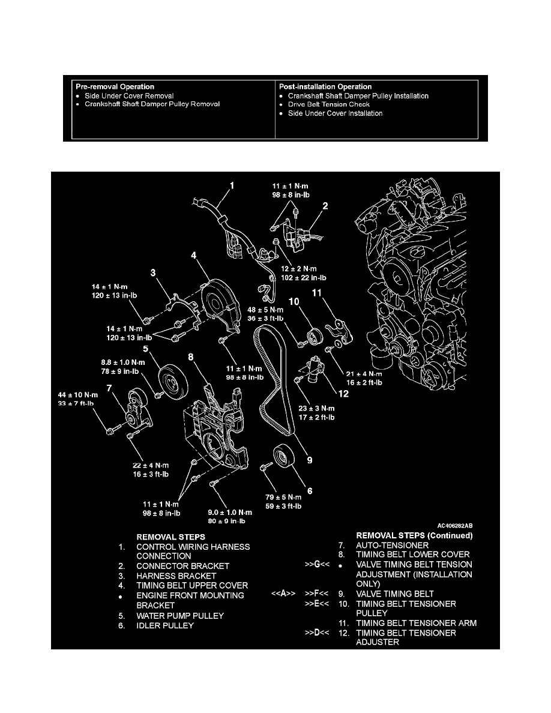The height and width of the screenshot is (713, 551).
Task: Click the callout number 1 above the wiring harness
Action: (232, 186)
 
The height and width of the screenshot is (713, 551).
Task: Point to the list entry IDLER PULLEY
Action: (165, 626)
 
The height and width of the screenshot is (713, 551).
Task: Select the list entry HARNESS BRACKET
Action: (176, 576)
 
